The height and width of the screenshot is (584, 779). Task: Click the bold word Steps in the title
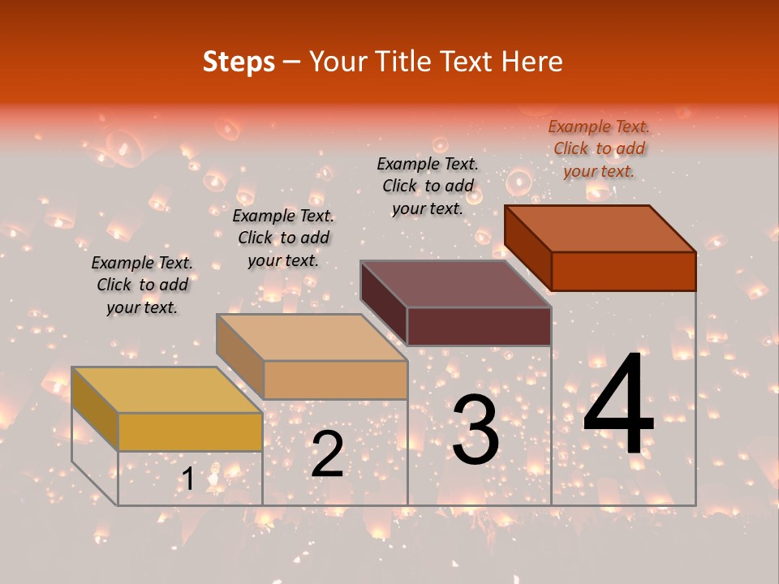click(239, 62)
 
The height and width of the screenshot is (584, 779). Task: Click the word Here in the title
click(532, 62)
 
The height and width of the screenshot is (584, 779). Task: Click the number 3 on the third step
click(476, 429)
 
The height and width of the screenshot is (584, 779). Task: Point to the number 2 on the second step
click(327, 454)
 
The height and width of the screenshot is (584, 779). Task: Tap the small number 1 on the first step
click(188, 479)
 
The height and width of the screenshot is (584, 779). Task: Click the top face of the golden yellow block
click(166, 389)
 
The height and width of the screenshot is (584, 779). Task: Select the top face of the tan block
click(312, 337)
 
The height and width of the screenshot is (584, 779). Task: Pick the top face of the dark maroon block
click(456, 283)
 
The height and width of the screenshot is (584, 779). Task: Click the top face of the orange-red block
click(600, 228)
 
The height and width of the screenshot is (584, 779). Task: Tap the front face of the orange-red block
click(623, 271)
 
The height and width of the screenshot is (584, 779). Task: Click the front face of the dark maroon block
click(479, 326)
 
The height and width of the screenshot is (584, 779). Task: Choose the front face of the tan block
click(335, 380)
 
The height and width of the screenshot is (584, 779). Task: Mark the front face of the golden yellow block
click(190, 432)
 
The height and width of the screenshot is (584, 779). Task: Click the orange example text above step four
click(599, 148)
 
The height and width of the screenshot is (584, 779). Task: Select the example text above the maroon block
click(428, 186)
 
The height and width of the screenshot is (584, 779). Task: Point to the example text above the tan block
click(283, 238)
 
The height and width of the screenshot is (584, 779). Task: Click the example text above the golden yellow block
click(142, 285)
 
